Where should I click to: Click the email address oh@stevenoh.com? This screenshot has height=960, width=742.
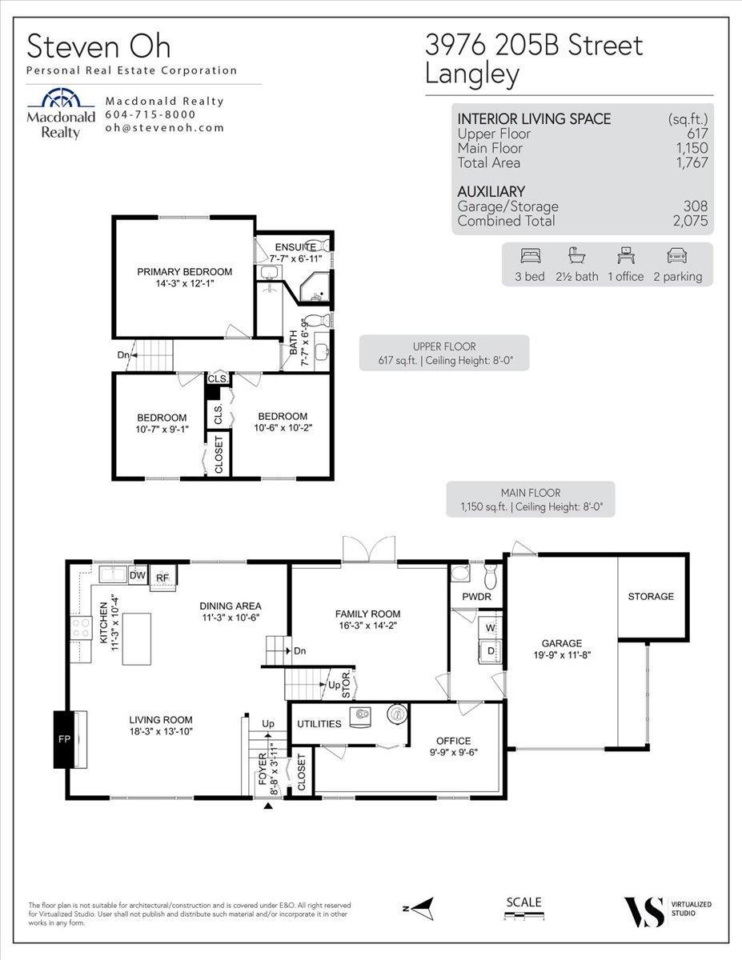(164, 128)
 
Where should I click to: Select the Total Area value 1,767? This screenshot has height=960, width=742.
(691, 163)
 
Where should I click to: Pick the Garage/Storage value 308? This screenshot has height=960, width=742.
(695, 206)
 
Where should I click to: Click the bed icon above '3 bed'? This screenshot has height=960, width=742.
(530, 256)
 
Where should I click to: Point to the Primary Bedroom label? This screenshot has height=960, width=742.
(184, 272)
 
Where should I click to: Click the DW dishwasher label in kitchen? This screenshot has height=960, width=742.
(137, 574)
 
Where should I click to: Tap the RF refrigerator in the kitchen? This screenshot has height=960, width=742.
(162, 576)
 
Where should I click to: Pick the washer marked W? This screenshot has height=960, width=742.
(491, 628)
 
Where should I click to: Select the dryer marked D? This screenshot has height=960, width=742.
(491, 651)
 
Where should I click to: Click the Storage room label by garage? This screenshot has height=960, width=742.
(651, 597)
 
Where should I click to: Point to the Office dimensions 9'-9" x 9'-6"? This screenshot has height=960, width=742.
(453, 753)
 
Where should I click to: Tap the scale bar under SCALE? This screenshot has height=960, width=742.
(524, 917)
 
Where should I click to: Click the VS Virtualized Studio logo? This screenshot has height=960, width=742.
(644, 911)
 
